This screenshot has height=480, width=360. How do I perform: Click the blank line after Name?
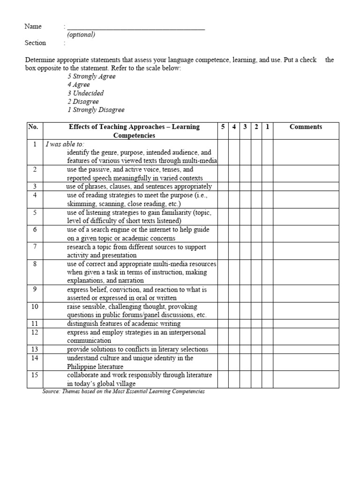pyautogui.click(x=136, y=27)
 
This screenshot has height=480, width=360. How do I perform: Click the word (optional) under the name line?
pyautogui.click(x=81, y=35)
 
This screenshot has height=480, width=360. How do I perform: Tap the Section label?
pyautogui.click(x=35, y=43)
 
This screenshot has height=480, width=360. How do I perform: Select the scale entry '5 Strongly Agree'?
pyautogui.click(x=91, y=76)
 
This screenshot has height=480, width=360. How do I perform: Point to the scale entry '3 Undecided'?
pyautogui.click(x=85, y=93)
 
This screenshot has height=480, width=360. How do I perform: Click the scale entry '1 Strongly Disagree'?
pyautogui.click(x=96, y=110)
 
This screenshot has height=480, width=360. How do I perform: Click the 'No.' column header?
pyautogui.click(x=33, y=127)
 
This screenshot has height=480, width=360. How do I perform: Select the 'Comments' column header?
pyautogui.click(x=306, y=127)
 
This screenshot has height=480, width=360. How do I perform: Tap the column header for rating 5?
pyautogui.click(x=222, y=127)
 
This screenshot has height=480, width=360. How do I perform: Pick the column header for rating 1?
pyautogui.click(x=267, y=127)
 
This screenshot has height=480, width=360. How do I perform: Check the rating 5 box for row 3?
pyautogui.click(x=222, y=187)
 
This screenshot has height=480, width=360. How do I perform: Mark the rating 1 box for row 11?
pyautogui.click(x=267, y=323)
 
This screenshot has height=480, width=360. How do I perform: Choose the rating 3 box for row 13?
pyautogui.click(x=245, y=349)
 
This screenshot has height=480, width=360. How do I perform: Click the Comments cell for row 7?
pyautogui.click(x=306, y=251)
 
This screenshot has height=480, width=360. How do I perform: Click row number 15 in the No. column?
pyautogui.click(x=34, y=375)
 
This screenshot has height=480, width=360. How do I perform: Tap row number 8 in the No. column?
pyautogui.click(x=34, y=264)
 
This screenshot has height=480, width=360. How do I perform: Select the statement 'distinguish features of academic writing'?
pyautogui.click(x=124, y=323)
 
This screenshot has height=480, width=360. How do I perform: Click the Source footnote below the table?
pyautogui.click(x=123, y=391)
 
